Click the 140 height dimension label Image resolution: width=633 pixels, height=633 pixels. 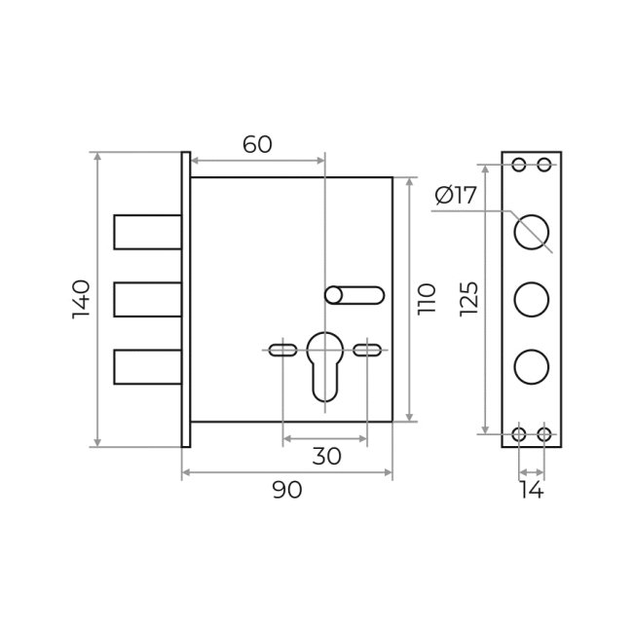81,299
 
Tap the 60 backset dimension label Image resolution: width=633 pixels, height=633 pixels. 257,144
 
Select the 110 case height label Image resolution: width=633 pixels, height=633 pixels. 427,299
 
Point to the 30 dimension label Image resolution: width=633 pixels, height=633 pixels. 326,456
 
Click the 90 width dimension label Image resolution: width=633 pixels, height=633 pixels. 287,490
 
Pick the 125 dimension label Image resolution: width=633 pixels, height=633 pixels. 469,299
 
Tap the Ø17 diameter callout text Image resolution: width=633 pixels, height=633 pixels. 456,196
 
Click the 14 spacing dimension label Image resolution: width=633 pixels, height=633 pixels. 532,490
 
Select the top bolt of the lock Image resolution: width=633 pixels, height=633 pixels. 148,232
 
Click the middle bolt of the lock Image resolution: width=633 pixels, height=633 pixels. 148,300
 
